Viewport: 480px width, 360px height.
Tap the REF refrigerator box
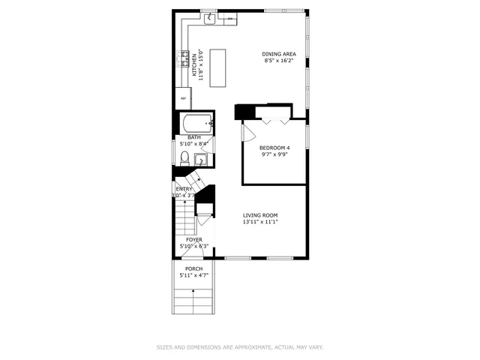coord(182,97)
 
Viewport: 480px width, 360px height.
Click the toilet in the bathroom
coord(184,157)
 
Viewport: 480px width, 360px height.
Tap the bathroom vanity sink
coord(200,158)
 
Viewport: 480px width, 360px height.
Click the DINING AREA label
coord(277,53)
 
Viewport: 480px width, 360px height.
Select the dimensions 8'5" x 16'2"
coord(277,61)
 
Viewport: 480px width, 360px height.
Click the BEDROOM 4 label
coord(274,148)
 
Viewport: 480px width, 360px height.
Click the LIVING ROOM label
coord(260,215)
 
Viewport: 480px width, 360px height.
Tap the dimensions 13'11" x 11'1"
coord(260,223)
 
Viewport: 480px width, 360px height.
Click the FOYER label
coord(194,239)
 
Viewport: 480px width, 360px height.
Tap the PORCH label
coord(194,268)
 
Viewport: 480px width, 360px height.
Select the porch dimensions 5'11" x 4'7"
coord(194,276)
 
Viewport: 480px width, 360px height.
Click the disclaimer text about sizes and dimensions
coord(239,347)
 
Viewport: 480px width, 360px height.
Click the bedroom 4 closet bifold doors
coord(273,118)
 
